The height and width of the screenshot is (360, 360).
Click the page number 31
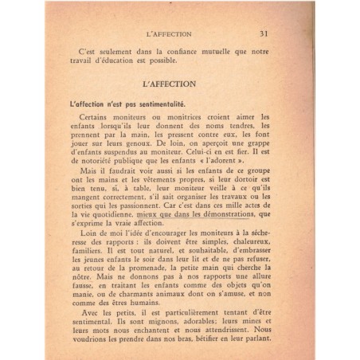[263, 33]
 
